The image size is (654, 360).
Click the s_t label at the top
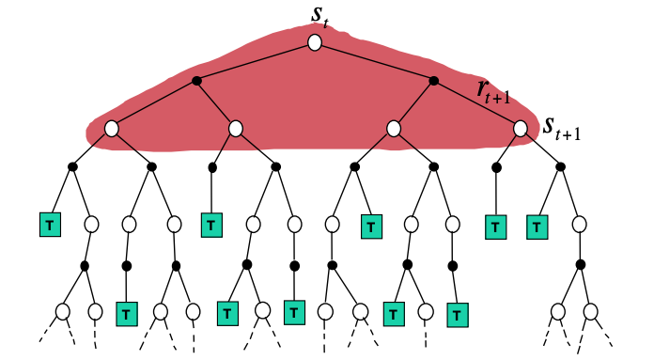coord(317,16)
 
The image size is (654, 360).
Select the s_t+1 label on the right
coord(561,128)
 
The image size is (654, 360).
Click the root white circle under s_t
coord(315,43)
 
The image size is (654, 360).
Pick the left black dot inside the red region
coord(196,81)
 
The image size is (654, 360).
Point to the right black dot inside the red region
coord(433,81)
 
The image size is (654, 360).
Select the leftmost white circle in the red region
coord(111,128)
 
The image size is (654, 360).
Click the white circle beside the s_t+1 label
coord(522,128)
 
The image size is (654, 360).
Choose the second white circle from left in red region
coord(236,128)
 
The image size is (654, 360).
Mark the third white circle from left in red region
coord(394,128)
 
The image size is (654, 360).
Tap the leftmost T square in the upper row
coord(47,225)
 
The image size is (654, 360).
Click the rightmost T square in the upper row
coord(536,226)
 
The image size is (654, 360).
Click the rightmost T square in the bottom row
coord(456,311)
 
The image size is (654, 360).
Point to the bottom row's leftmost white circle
coord(63,310)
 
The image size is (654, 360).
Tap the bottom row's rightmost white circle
coord(590,310)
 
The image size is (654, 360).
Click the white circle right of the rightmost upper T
coord(580,225)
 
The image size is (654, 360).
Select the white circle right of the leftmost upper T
coord(91,225)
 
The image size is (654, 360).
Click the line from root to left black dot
coord(256,62)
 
